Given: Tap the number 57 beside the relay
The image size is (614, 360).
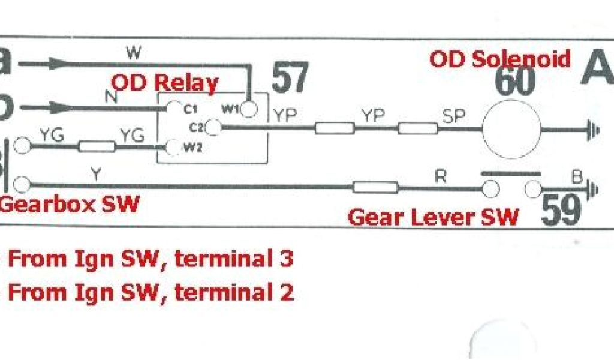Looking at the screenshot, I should click(290, 77).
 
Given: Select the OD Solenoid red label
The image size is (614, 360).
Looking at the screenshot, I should click(499, 59).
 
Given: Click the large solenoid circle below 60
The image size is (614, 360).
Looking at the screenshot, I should click(512, 128).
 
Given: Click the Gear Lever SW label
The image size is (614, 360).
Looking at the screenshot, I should click(433, 217).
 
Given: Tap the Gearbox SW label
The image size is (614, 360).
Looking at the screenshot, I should click(70, 205).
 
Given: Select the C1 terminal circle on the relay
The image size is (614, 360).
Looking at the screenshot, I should click(174, 108).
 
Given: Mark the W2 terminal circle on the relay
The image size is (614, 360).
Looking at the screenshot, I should click(174, 146).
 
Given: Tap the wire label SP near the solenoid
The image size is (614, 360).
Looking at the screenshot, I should click(453, 116).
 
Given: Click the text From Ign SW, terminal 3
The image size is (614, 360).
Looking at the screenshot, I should click(150, 260).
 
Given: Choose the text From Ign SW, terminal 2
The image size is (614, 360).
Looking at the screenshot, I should click(150, 292).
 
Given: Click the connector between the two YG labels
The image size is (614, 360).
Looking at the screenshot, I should click(97, 146).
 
